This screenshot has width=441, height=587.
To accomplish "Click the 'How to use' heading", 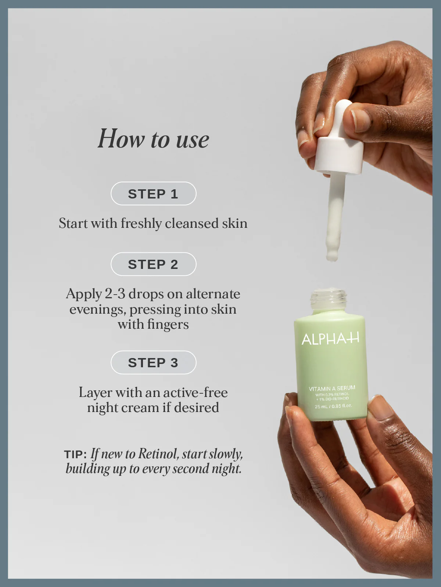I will (153, 139).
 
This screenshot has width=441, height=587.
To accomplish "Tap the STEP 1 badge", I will (153, 194).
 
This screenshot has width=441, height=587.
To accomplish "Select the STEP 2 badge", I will (153, 264).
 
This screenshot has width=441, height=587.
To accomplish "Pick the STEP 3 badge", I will (153, 362).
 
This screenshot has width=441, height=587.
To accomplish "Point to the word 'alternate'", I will (213, 294).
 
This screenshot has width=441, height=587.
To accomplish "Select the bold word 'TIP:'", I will (75, 454).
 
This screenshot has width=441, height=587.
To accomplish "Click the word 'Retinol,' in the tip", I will (158, 454).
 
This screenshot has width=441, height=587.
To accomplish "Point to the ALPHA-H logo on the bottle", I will (330, 339).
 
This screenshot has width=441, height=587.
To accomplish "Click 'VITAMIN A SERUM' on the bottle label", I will (332, 388).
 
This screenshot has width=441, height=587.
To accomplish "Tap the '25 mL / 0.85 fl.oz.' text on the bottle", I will (333, 406).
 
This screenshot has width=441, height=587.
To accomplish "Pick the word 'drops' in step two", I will (146, 294).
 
